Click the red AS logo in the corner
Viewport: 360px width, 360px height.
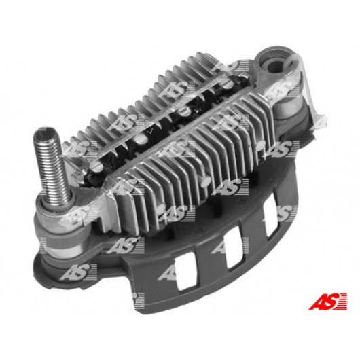click(327, 301)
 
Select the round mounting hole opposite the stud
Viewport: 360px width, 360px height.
click(275, 64)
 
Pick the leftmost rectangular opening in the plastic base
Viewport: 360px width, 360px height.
click(186, 273)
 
